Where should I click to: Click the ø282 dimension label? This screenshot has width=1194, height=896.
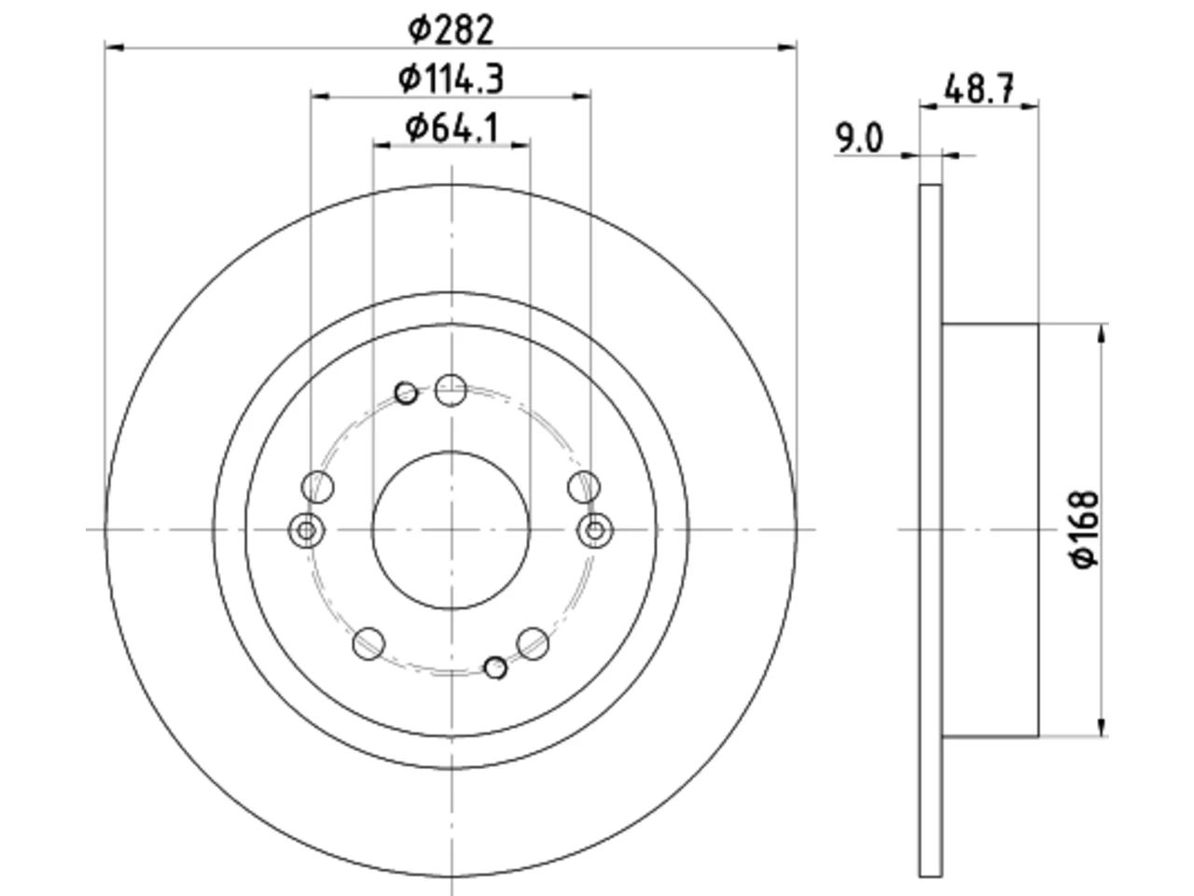(x=451, y=30)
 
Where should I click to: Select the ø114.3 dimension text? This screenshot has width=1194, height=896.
(x=451, y=79)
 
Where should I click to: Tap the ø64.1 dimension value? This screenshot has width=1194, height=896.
(x=451, y=129)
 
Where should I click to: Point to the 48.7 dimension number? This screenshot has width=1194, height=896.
(x=979, y=89)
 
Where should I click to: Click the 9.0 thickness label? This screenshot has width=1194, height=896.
(x=859, y=138)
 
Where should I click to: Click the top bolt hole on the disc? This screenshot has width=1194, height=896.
(x=451, y=390)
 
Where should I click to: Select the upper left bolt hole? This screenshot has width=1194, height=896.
(x=318, y=487)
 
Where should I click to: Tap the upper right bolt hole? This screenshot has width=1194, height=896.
(x=584, y=487)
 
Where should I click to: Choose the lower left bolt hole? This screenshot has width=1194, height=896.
(x=368, y=644)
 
